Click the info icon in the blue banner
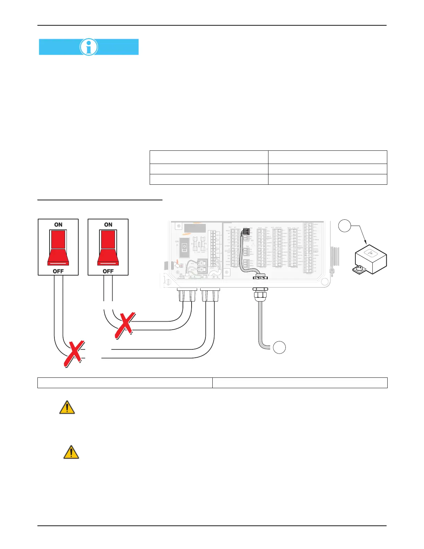pos(89,47)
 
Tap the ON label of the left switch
pos(58,225)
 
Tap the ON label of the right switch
pos(108,225)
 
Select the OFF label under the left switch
pos(58,271)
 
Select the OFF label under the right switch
pos(108,271)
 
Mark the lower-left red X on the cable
pos(73,354)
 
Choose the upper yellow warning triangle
pos(67,408)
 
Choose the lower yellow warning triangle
pos(71,452)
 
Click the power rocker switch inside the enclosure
pos(184,247)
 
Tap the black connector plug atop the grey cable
pos(246,232)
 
